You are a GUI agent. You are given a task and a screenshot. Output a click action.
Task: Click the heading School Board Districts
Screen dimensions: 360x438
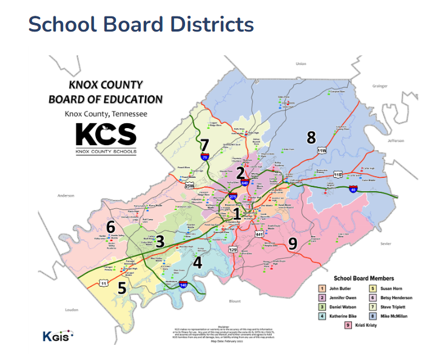(x=141, y=24)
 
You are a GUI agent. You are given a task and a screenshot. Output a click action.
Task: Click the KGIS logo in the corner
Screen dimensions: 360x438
(x=58, y=335)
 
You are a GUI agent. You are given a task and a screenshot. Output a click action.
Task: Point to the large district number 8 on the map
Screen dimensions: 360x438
(x=311, y=137)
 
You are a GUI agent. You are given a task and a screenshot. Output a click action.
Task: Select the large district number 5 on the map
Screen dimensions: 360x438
(x=122, y=288)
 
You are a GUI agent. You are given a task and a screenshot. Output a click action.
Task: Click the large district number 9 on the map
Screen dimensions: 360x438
(x=293, y=244)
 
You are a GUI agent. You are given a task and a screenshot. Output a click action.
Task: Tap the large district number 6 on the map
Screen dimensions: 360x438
(x=110, y=227)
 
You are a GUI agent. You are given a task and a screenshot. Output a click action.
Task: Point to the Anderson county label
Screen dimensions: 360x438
(x=66, y=195)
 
